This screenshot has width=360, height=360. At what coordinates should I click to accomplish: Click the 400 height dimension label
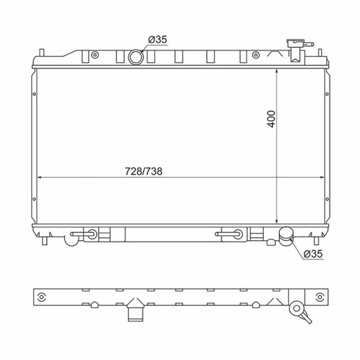pos(272,119)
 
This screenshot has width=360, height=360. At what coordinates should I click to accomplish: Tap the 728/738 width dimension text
pos(143,171)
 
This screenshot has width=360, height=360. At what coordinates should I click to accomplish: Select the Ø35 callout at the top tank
pos(157,39)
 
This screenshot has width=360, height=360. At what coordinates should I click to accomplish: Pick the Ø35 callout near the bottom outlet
pos(313,254)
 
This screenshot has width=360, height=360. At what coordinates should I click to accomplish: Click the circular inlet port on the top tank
pos(136,57)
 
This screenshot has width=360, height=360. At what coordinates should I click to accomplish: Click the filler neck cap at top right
pos(296,43)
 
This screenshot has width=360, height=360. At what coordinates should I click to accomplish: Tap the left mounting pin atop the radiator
pos(42,53)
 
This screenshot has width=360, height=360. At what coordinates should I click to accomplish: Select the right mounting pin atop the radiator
pos(320,53)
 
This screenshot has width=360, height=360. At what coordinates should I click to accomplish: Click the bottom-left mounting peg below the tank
pos(45,241)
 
